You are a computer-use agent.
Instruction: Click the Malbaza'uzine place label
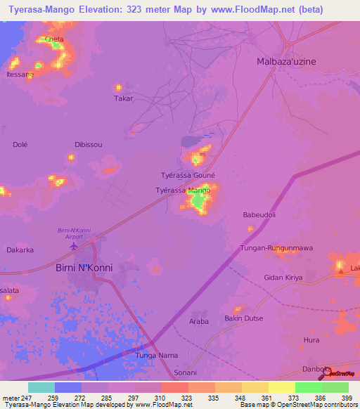coord(286,61)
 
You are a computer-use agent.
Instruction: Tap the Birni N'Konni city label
coord(84,267)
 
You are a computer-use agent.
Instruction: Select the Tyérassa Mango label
coord(183,190)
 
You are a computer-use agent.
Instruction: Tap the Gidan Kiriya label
coord(283,278)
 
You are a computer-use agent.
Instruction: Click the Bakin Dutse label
coord(243,319)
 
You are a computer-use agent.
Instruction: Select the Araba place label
coord(199,321)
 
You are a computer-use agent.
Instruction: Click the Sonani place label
coord(186,372)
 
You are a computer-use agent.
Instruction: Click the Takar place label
coord(123,98)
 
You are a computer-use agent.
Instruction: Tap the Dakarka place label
coord(20,249)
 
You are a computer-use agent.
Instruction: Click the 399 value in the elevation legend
coord(347,398)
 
